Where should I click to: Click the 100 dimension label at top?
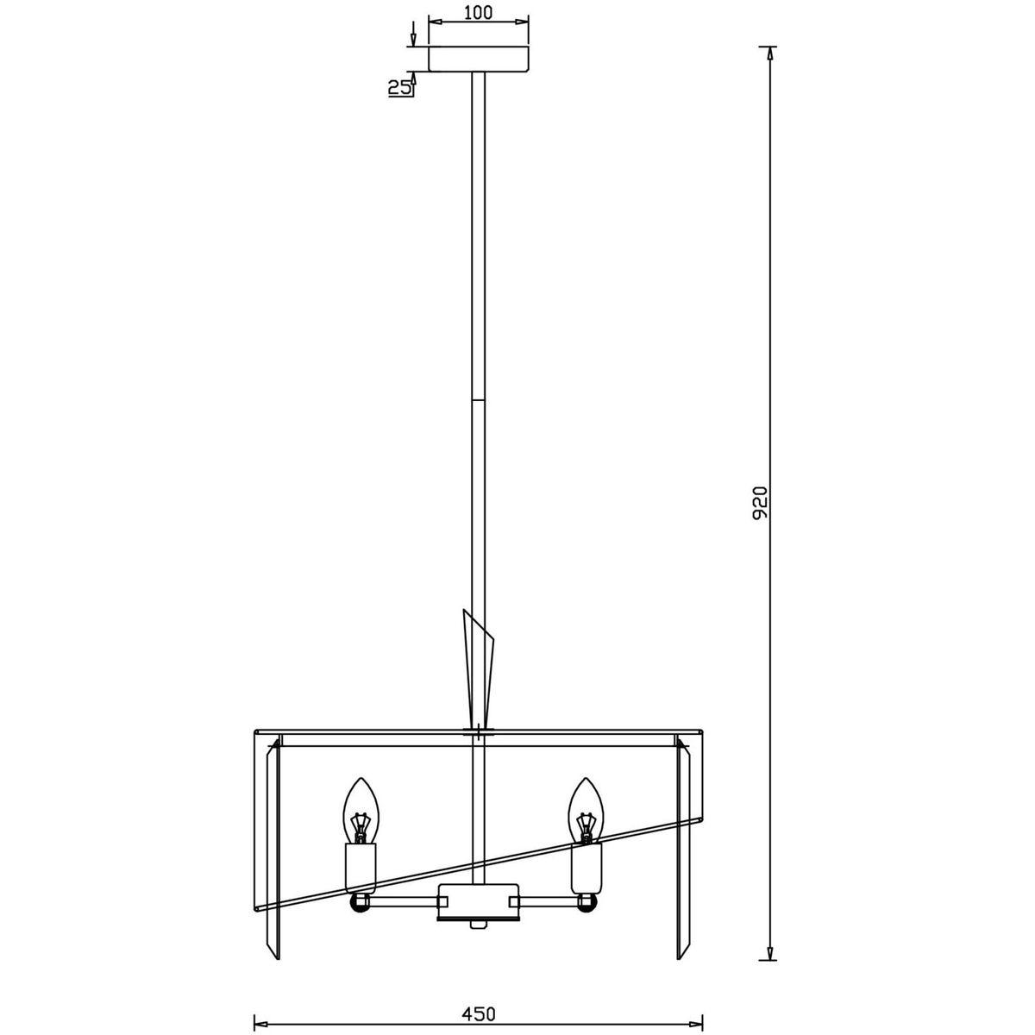pos(478,13)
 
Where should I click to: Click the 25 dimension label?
pos(399,88)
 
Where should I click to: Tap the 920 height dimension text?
pos(760,502)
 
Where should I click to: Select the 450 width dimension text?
pos(478,984)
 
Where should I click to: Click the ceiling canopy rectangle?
pos(478,60)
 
